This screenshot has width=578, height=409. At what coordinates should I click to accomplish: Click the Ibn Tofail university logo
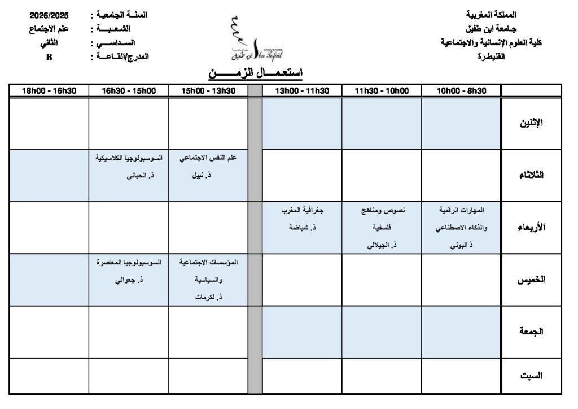pos(255,39)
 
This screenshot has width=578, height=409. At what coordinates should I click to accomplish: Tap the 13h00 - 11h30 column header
pos(302,90)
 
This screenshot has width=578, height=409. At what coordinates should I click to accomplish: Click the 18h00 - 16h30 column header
pos(49,90)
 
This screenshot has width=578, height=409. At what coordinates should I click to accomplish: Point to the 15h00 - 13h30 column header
pos(208,90)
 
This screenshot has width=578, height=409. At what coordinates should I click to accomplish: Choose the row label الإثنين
pos(531,123)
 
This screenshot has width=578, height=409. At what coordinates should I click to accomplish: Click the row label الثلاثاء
pos(531,175)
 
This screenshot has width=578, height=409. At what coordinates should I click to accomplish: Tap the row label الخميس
pos(531,280)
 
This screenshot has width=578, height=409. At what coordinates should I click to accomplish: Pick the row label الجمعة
pos(531,332)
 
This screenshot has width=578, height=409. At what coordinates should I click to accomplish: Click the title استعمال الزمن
pos(256,73)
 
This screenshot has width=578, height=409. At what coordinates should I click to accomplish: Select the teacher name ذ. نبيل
pos(208,176)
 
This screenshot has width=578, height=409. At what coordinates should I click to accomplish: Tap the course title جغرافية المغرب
pos(302,210)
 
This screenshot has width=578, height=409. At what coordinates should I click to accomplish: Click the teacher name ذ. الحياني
pos(129,176)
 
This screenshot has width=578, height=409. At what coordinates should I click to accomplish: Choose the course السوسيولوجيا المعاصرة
pos(129,263)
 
